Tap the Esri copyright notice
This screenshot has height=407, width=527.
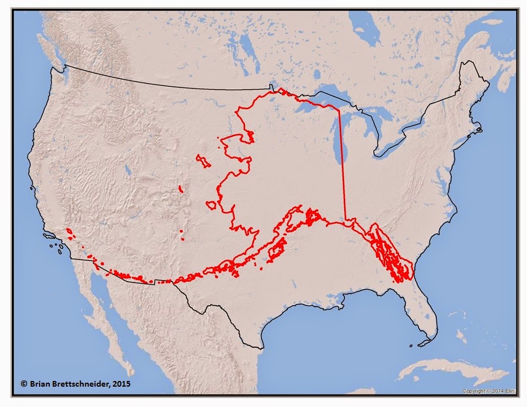coord(488,391)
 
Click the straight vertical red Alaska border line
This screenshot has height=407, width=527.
coord(342,164)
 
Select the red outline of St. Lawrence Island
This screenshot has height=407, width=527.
coord(203,161)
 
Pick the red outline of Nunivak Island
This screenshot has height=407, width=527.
coord(211,205)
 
